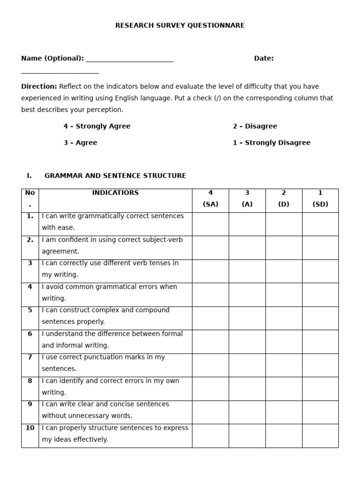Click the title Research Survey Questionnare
point(180,25)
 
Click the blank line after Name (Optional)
point(129,60)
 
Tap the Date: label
point(263,59)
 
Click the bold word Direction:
point(39,86)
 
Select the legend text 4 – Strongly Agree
point(97,126)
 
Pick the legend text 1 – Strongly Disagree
point(271,142)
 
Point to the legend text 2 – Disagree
point(255,126)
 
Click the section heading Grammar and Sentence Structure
point(115,176)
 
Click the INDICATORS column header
point(115,193)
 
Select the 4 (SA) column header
point(210,199)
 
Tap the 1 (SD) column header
point(320,199)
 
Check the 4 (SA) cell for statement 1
point(210,224)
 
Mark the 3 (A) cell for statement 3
point(247,271)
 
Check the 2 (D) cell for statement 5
point(284,318)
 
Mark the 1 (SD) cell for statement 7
point(320,365)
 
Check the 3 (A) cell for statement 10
point(247,435)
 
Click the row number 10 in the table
point(30,428)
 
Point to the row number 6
point(30,334)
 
